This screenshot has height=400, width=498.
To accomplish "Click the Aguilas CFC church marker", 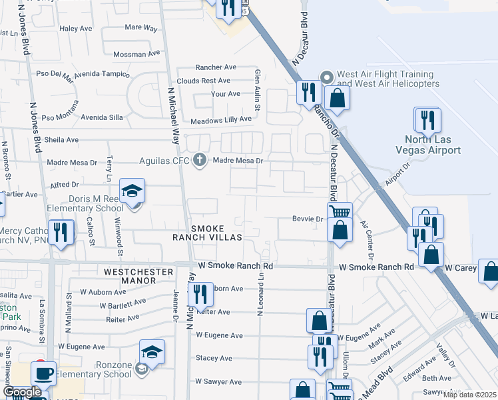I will [x=199, y=160].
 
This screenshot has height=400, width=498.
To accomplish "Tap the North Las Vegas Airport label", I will [x=433, y=145].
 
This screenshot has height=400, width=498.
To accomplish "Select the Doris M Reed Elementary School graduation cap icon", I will [x=132, y=191].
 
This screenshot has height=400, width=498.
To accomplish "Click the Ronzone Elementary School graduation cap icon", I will [x=152, y=353].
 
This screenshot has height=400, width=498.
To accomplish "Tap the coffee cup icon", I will [x=44, y=373].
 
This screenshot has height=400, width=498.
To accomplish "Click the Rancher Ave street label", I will [x=216, y=67].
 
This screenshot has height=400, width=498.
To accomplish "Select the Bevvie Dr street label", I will [x=307, y=219].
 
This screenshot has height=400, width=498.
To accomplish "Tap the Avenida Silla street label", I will [x=103, y=117].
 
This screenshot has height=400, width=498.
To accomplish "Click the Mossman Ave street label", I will [x=137, y=54].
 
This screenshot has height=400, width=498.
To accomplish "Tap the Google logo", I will [x=22, y=393].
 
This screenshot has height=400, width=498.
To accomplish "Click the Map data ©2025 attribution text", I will [x=469, y=395].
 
